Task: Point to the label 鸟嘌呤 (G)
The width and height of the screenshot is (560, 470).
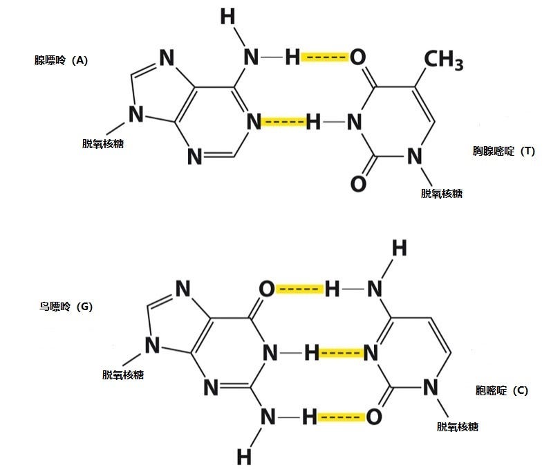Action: click(x=66, y=306)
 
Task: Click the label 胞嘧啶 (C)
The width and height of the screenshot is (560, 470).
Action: click(x=502, y=390)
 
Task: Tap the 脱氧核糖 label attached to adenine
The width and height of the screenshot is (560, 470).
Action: click(x=103, y=144)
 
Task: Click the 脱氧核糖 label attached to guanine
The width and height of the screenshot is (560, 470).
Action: click(x=122, y=375)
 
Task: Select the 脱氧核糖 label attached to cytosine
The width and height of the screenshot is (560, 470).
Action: click(x=457, y=426)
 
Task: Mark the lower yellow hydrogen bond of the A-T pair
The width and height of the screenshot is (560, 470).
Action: click(x=283, y=123)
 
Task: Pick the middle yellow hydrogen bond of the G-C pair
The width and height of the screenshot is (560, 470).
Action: click(x=342, y=354)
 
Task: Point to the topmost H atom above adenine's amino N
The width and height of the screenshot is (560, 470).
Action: click(x=227, y=17)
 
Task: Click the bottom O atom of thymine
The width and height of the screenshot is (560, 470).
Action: click(x=357, y=183)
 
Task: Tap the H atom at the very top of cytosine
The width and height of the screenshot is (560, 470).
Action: click(x=399, y=248)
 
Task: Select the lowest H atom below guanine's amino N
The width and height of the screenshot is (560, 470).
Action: click(x=244, y=456)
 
